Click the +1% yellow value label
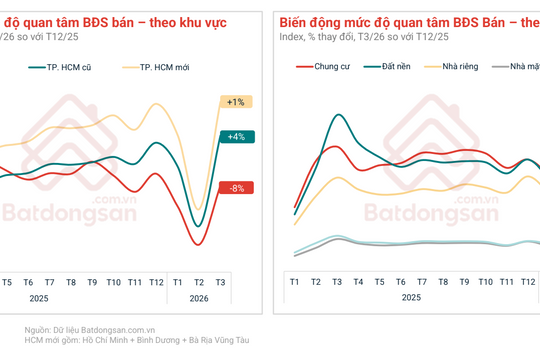click(236, 102)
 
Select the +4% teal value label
click(236, 137)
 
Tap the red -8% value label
click(236, 188)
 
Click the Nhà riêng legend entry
click(460, 67)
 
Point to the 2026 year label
click(199, 298)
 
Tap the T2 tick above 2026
click(199, 283)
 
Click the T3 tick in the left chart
click(220, 283)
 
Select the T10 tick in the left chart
click(113, 283)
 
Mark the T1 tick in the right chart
click(295, 283)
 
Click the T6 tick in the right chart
click(401, 283)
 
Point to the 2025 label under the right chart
click(411, 298)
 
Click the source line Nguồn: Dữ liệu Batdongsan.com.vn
click(90, 329)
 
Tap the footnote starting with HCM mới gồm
click(137, 341)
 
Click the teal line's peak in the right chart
click(338, 116)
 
